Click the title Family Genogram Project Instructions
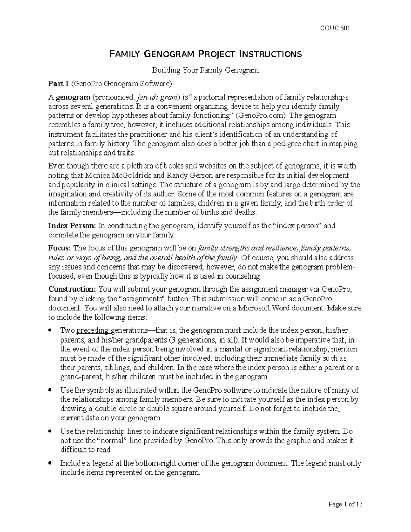(205, 54)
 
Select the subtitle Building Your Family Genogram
(205, 70)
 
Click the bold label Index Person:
(72, 226)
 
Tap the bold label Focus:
(60, 248)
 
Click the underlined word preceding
(92, 331)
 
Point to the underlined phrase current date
(79, 418)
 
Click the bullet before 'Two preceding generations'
(50, 331)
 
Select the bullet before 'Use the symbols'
(50, 390)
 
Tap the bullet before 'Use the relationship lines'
(50, 431)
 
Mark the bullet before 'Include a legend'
(50, 463)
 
